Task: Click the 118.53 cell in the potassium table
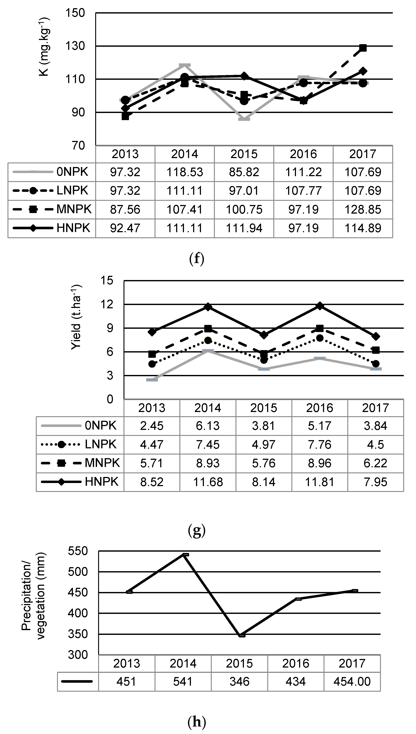185,172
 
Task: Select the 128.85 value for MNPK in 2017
363,210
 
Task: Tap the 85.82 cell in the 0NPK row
244,172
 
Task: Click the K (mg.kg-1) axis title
45,47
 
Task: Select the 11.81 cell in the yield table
319,482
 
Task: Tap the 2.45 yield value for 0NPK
152,426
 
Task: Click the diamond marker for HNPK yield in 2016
320,306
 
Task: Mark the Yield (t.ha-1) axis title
76,317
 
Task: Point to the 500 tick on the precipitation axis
78,572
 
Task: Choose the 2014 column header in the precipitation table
183,664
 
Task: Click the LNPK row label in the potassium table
72,190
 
